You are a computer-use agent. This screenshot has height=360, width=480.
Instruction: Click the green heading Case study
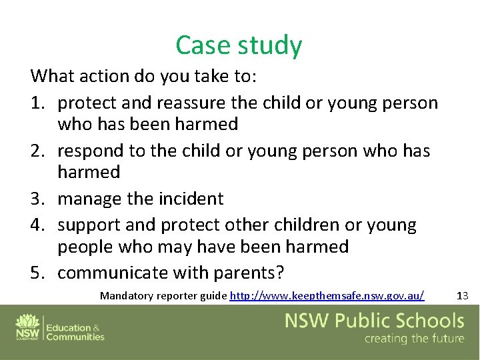239,45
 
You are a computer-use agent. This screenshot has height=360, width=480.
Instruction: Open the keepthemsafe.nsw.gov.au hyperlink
327,295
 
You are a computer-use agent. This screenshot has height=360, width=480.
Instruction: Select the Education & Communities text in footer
75,332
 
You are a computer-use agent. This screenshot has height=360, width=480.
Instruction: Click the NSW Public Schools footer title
374,321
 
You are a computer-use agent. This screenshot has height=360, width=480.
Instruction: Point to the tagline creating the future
414,339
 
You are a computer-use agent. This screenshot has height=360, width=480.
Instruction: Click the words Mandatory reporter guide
163,295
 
